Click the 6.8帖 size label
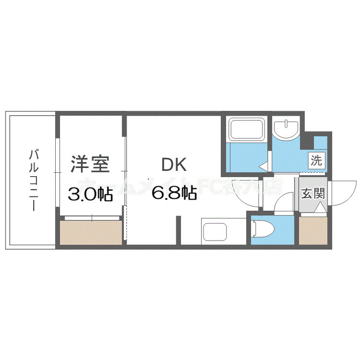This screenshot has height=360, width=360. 174,193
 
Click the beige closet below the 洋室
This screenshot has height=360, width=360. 91,232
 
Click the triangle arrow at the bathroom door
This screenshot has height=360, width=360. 264,166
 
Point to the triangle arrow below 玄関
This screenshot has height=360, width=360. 320,209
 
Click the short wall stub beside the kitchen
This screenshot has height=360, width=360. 179,230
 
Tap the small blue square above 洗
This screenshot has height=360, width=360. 320,142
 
